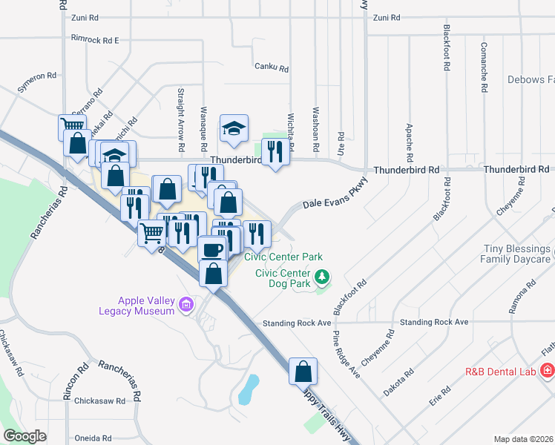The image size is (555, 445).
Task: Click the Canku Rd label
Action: (271, 67)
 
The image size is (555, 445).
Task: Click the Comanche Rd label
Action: (484, 72)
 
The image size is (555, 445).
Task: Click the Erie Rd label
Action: (440, 396)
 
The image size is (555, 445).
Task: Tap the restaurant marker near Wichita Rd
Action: (276, 152)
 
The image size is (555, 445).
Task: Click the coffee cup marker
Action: (213, 249)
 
